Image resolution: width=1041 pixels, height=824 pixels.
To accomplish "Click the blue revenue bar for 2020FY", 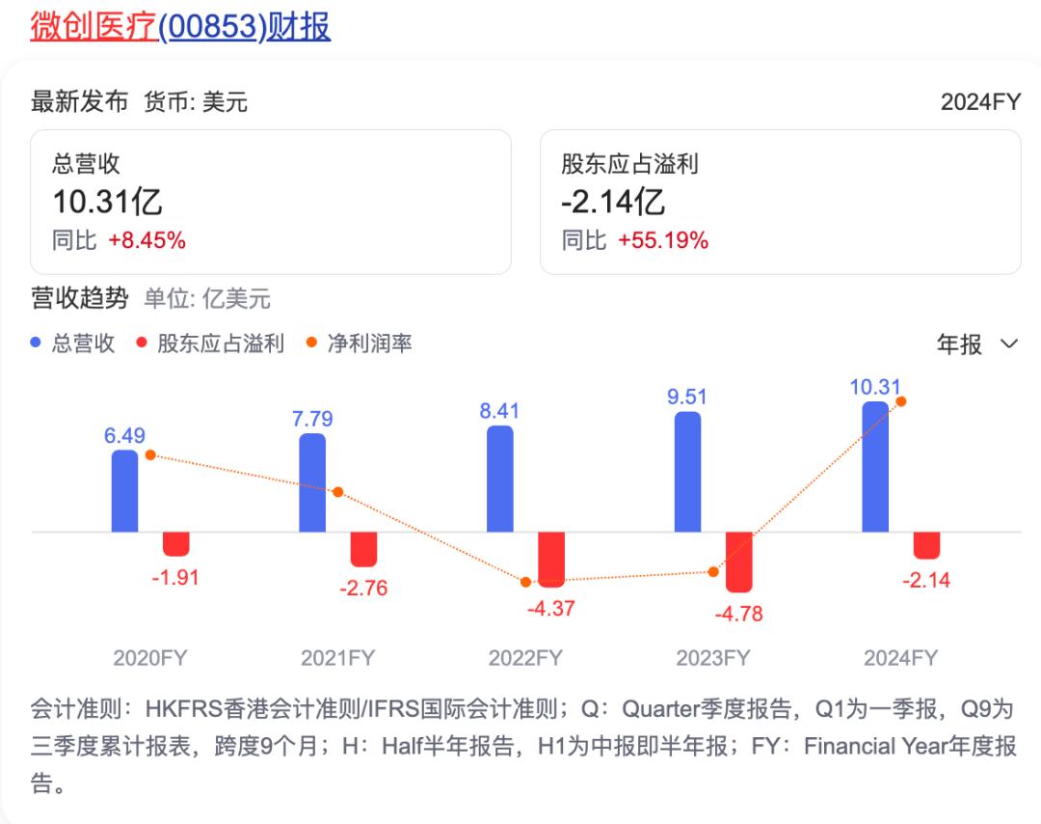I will pos(125,490).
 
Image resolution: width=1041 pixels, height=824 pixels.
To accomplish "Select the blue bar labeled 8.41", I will pos(500,479).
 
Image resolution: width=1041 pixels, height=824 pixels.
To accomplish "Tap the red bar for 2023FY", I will pos(739,562).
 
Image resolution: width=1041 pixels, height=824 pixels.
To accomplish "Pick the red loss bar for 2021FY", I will pos(363,548).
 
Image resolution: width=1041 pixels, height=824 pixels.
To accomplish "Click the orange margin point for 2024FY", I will pos(900,401).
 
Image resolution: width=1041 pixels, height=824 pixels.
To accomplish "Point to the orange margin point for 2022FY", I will pos(525,582).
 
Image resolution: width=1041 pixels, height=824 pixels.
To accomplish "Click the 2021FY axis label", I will pos(337,658).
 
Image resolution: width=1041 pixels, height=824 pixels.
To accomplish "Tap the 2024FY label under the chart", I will pos(900,658).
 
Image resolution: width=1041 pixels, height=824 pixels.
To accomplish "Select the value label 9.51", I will pos(687,397).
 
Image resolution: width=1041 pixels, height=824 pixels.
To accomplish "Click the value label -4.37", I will pos(551,609).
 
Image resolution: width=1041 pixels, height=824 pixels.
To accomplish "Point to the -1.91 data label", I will pos(175,579).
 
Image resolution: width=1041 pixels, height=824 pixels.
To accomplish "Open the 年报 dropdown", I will pos(976,344).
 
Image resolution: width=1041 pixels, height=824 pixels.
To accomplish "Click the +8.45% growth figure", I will pos(147,241).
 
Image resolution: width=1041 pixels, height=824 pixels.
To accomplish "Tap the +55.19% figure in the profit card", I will pos(664,241).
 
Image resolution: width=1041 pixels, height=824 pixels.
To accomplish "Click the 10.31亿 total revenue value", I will pos(107,203).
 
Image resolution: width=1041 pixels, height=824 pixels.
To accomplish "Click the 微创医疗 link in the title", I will pos(93,27).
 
